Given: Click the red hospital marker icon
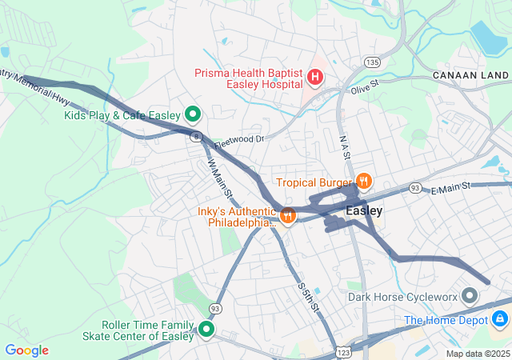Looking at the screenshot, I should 315,78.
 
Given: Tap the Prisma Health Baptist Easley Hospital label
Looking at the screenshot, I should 248,78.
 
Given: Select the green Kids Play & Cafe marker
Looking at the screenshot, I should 193,115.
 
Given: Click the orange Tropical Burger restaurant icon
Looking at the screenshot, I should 364,182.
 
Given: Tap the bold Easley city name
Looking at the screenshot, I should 364,210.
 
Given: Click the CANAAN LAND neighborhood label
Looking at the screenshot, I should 470,74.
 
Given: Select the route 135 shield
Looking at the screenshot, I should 370,62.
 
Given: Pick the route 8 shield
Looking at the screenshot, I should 195,137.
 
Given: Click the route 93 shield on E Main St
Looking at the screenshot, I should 415,187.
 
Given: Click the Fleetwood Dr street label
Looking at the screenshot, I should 239,140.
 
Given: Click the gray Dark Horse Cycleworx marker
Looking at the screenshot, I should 470,297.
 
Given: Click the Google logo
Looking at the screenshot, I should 26,350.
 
